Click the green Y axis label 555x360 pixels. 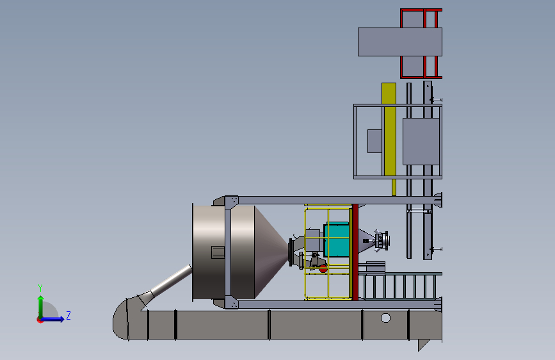pos(40,288)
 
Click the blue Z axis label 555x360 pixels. pos(68,315)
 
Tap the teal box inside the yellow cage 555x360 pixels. pos(337,239)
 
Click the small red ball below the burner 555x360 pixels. pos(323,269)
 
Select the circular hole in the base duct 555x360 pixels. pos(385,318)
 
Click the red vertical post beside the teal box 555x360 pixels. pos(355,252)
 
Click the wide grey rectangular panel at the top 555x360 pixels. pos(399,42)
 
